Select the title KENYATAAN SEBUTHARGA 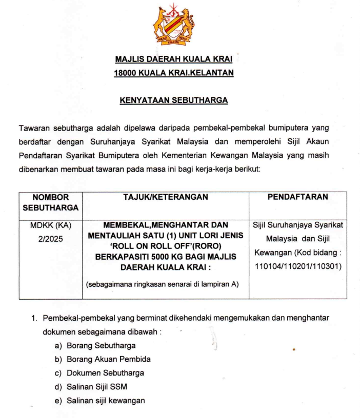[x=174, y=100]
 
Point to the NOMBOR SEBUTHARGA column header [x=51, y=202]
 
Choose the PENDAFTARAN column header [x=298, y=196]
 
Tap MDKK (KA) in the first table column [x=51, y=224]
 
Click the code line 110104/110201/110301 [x=298, y=266]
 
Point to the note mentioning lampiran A [x=162, y=284]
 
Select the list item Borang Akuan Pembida [x=108, y=359]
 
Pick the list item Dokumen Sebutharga [x=105, y=373]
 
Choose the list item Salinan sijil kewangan [x=106, y=401]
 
